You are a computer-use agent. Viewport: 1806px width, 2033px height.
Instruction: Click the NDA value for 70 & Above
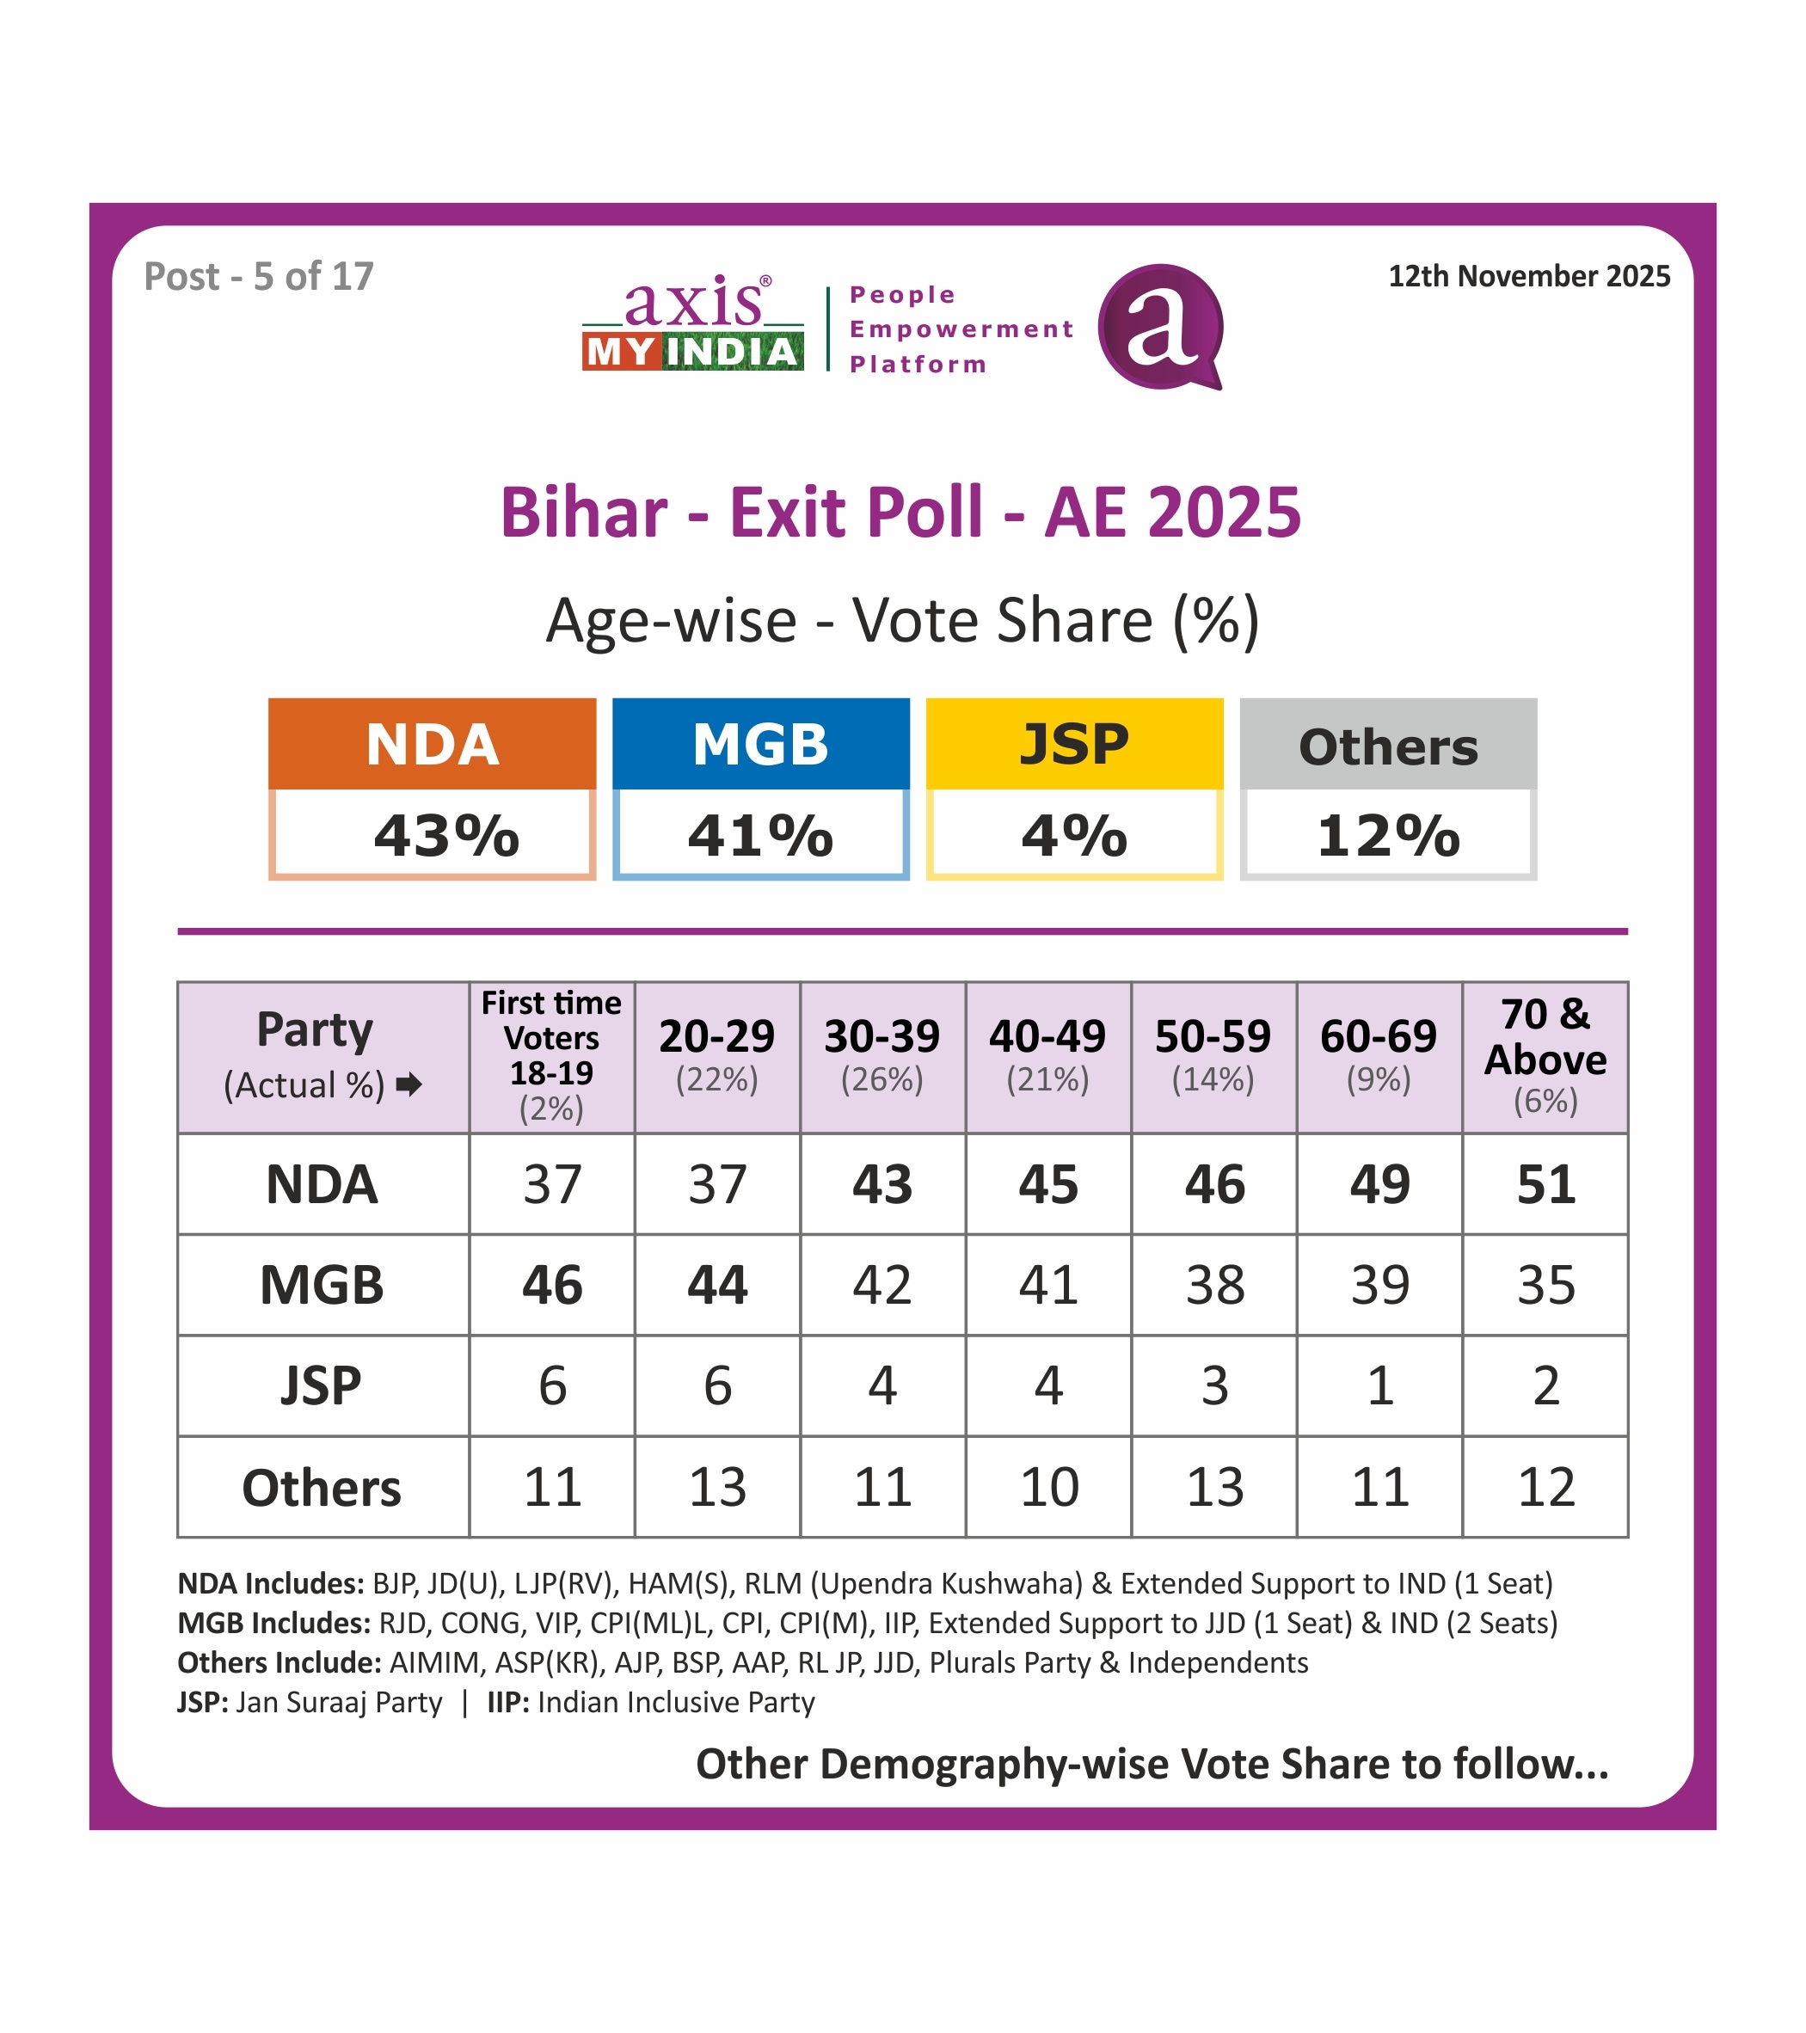[x=1545, y=1184]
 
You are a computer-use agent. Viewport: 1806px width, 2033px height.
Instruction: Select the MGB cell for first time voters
[x=552, y=1285]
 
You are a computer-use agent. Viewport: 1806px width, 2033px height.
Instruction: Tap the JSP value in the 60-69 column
[x=1379, y=1385]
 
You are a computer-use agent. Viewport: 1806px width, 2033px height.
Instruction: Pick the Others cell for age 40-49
[x=1048, y=1487]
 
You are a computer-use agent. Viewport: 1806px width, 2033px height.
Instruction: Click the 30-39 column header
[x=882, y=1037]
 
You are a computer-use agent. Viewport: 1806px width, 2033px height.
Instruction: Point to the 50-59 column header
[x=1213, y=1037]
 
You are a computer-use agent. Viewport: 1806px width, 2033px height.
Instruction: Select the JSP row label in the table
[x=322, y=1385]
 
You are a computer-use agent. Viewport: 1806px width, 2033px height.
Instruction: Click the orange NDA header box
[x=432, y=744]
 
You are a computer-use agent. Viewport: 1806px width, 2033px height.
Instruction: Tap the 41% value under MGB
[x=761, y=836]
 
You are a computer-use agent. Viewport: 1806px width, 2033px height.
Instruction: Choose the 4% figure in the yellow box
[x=1074, y=836]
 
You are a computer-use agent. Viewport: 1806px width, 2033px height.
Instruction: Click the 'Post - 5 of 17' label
[x=259, y=277]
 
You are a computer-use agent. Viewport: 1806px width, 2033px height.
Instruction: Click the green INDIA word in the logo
[x=732, y=352]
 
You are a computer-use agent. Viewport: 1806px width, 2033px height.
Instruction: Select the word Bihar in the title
[x=584, y=513]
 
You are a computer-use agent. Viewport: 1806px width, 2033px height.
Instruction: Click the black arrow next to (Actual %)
[x=408, y=1084]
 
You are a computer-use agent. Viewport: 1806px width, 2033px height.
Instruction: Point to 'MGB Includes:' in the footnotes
[x=273, y=1623]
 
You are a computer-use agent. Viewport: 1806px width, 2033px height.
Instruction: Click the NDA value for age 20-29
[x=717, y=1184]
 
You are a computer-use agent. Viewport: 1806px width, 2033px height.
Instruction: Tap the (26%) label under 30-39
[x=882, y=1079]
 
